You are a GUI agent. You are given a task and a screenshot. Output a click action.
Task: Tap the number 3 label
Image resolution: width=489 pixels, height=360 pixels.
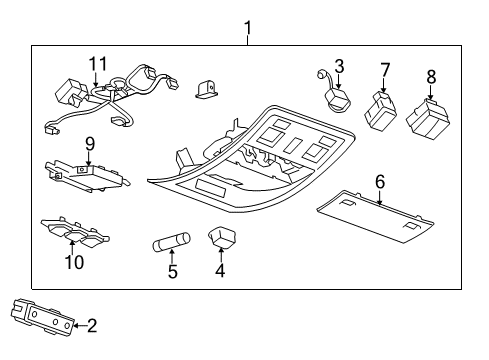339,67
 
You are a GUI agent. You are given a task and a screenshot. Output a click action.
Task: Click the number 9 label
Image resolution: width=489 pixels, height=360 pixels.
89,142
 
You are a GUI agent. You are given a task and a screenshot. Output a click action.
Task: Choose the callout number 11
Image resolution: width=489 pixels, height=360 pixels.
96,64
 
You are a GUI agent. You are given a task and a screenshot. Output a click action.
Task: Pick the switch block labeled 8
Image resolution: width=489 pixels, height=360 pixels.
431,119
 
